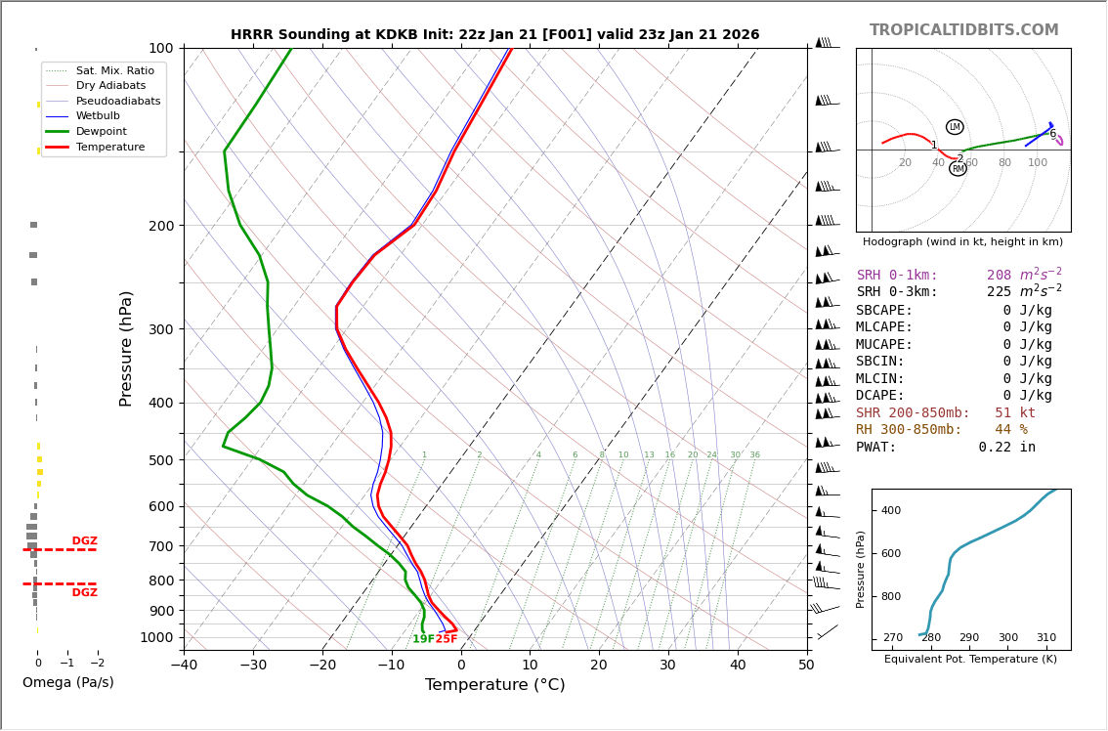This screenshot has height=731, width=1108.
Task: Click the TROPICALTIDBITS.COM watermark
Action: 963,30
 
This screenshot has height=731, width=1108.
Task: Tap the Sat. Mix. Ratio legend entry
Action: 114,70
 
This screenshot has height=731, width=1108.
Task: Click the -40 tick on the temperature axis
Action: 184,666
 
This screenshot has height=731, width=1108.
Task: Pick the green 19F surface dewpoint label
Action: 423,639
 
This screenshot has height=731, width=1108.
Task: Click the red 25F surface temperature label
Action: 447,639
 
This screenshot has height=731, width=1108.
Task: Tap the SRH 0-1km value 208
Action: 999,276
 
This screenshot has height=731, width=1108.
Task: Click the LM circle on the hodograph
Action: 955,127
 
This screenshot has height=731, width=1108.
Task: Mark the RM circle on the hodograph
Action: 958,169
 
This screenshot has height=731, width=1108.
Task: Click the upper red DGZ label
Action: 84,541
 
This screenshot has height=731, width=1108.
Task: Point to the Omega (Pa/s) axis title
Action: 67,683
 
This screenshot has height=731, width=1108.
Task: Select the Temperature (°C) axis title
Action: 494,685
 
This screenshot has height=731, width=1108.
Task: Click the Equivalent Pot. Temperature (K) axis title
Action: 970,660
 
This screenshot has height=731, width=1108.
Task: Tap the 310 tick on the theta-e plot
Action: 1045,638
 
